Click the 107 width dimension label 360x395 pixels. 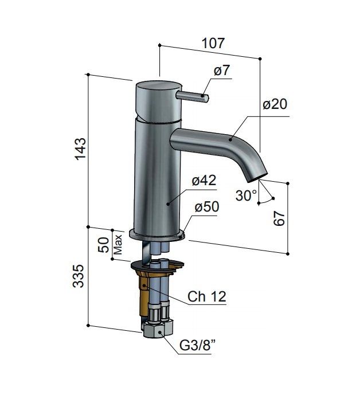(213, 43)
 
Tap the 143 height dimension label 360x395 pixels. (81, 148)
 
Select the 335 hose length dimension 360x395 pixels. (78, 276)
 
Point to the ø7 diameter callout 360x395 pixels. (222, 71)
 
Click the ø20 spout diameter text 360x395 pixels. (275, 104)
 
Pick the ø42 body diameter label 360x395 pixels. (204, 181)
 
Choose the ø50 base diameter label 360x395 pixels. (207, 206)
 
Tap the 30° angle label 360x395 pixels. (246, 195)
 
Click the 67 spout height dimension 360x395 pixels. (279, 218)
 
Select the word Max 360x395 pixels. (118, 245)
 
